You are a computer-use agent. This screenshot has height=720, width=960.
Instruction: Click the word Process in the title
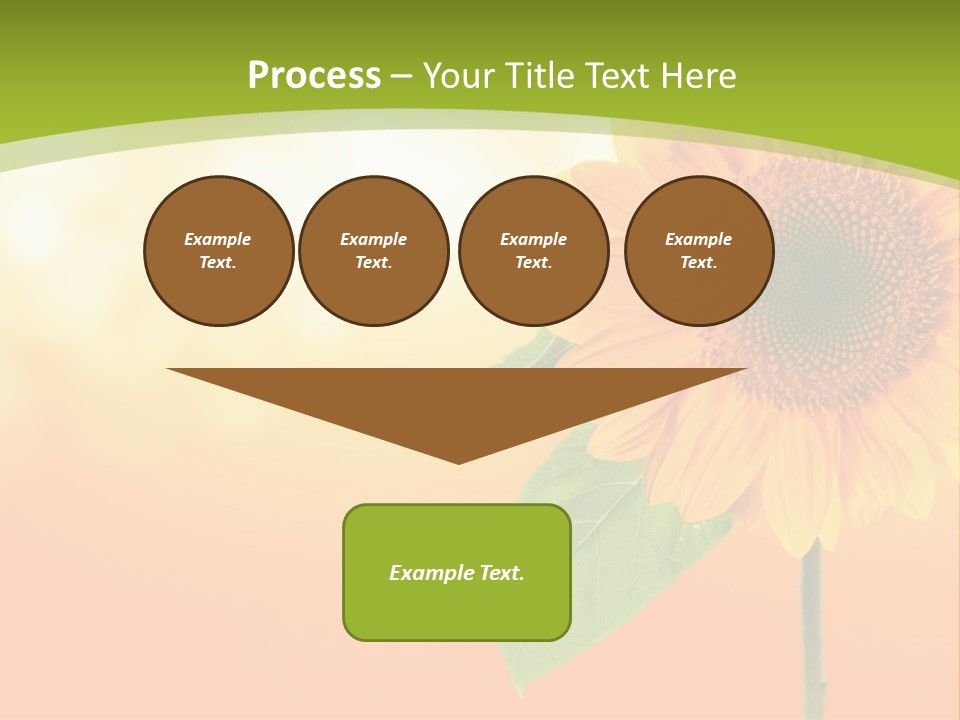pyautogui.click(x=314, y=76)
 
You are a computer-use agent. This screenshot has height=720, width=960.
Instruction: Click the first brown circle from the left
pyautogui.click(x=219, y=251)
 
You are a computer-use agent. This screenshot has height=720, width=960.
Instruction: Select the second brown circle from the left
pyautogui.click(x=374, y=251)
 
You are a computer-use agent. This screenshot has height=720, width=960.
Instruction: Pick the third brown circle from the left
pyautogui.click(x=534, y=251)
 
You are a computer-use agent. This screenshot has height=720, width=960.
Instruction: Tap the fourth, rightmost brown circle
pyautogui.click(x=699, y=251)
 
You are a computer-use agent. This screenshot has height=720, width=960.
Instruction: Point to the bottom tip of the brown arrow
pyautogui.click(x=459, y=461)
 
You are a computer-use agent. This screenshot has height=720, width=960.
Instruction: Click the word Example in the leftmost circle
pyautogui.click(x=218, y=239)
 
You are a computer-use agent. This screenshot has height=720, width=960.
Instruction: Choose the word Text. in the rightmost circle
pyautogui.click(x=699, y=263)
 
